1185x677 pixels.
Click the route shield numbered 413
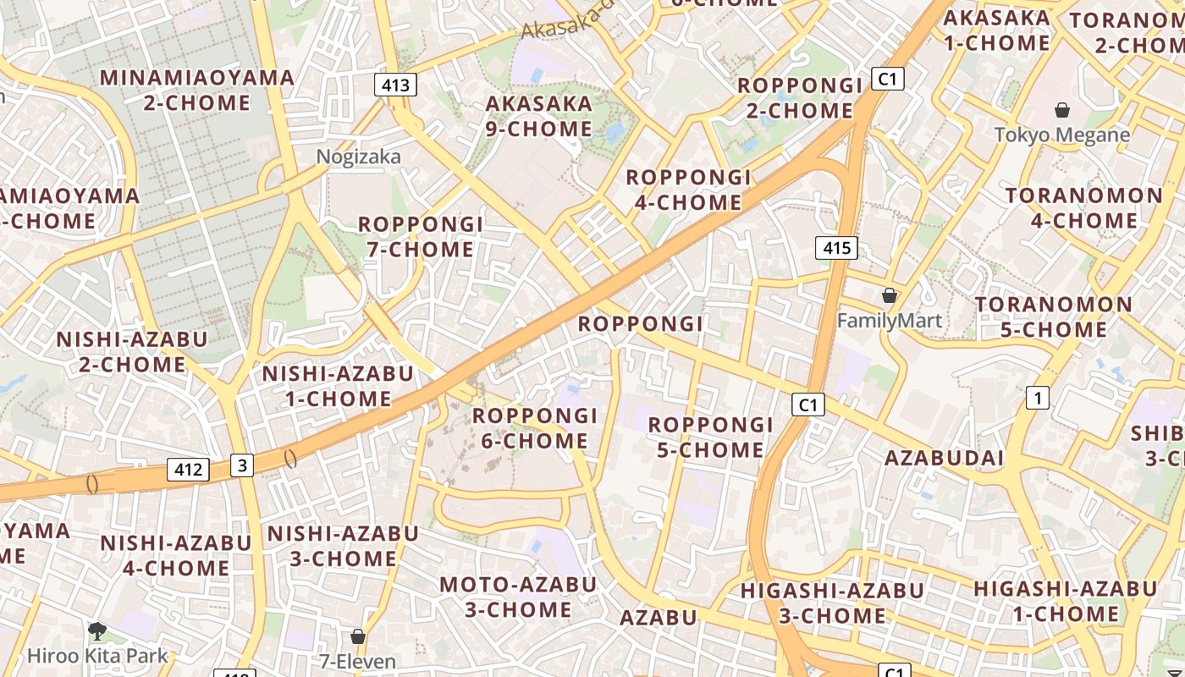click(395, 85)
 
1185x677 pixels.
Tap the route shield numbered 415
click(836, 248)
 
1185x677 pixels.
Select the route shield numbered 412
click(187, 470)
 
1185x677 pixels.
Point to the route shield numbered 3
click(242, 465)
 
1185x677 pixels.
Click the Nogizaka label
click(359, 157)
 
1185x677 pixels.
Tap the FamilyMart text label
click(889, 321)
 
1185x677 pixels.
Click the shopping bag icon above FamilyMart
click(889, 295)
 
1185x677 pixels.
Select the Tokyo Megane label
click(1061, 135)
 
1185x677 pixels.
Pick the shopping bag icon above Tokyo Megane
click(1061, 110)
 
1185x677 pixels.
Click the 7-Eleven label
click(357, 661)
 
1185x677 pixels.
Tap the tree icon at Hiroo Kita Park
click(97, 630)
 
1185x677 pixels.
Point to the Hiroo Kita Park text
click(97, 656)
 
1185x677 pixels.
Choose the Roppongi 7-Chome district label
click(420, 237)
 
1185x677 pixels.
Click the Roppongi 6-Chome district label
click(534, 428)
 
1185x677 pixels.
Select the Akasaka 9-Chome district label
click(538, 117)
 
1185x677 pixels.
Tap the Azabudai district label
click(944, 459)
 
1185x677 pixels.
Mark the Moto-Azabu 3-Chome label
click(517, 597)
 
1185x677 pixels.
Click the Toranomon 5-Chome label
click(1053, 316)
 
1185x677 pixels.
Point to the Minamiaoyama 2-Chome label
click(197, 91)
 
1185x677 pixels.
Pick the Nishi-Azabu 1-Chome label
click(338, 386)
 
